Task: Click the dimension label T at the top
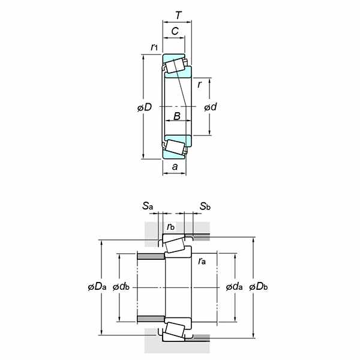tap(179, 16)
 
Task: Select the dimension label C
tap(175, 31)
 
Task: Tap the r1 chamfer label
tap(154, 47)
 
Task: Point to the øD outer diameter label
tap(145, 107)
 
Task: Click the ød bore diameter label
tap(211, 107)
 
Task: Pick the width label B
tap(177, 116)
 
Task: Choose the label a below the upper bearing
tap(175, 166)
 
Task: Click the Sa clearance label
tap(148, 206)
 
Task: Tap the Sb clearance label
tap(205, 206)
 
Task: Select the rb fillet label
tap(171, 227)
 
